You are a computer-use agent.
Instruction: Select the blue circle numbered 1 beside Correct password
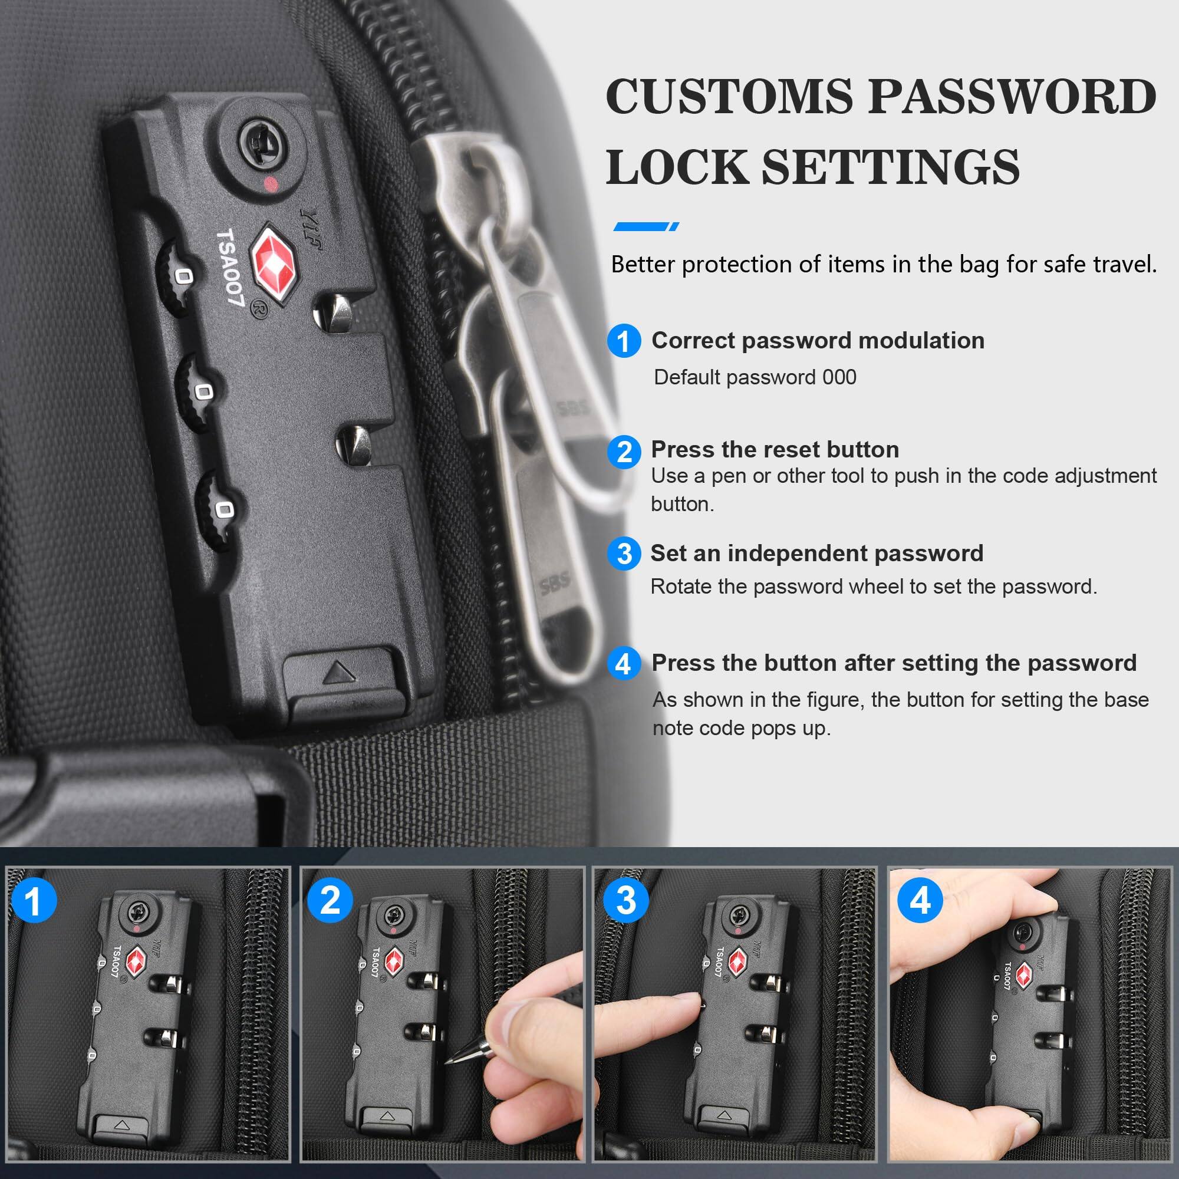(624, 341)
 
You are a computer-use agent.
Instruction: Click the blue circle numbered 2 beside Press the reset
(624, 452)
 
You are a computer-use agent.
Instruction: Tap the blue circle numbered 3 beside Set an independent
(624, 554)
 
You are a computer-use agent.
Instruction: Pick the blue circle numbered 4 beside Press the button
(624, 663)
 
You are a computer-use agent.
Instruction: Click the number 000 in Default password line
(839, 377)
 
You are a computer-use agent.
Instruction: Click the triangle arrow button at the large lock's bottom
(339, 673)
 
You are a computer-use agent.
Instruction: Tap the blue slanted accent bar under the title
(646, 226)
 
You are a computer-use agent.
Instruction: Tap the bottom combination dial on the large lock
(216, 510)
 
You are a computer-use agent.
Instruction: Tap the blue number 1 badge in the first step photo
(34, 901)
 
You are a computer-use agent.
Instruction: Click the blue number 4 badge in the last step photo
(920, 901)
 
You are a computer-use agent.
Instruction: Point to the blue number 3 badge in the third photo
(625, 901)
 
